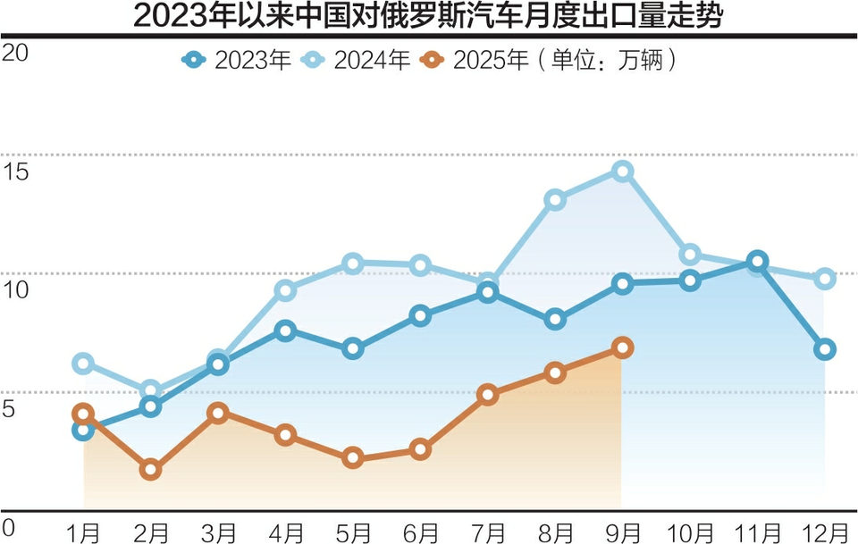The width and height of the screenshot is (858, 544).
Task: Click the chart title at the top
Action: click(x=429, y=17)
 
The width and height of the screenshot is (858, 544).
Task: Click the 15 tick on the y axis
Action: click(x=16, y=171)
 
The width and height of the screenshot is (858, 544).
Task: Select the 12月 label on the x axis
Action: click(x=824, y=532)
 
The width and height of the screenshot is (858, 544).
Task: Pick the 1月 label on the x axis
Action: click(x=84, y=532)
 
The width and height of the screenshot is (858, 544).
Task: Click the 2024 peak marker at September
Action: click(x=623, y=171)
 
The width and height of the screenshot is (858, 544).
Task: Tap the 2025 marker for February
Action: click(x=151, y=469)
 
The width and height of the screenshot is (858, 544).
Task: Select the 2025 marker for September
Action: click(x=623, y=347)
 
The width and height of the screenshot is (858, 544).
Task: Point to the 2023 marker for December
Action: click(x=825, y=348)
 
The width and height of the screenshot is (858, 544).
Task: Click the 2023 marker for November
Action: click(x=757, y=262)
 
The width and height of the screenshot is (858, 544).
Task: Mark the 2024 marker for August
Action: click(x=555, y=199)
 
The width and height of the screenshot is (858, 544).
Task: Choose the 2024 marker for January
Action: click(x=84, y=363)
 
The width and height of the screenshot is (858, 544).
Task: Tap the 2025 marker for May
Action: click(x=353, y=457)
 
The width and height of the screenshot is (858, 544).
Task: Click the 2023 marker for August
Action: click(x=555, y=319)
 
